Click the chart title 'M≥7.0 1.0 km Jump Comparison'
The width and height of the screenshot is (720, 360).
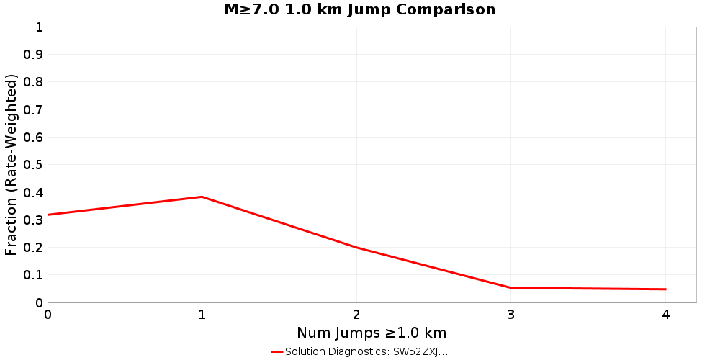coord(360,10)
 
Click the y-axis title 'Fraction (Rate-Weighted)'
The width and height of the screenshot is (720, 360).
coord(12,165)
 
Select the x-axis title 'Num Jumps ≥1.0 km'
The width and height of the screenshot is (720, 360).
coord(372,333)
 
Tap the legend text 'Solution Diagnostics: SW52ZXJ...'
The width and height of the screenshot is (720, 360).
coord(366,352)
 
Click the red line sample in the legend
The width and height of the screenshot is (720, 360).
coord(277,352)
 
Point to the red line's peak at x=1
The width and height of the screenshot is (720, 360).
coord(202,197)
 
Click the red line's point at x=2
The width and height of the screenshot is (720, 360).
coord(356,248)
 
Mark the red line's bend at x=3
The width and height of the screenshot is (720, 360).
coord(510,288)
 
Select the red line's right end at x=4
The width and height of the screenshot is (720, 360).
coord(665,289)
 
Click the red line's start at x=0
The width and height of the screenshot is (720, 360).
coord(48,215)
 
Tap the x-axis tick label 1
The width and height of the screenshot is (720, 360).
coord(202,315)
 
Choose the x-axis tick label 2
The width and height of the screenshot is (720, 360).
coord(356,315)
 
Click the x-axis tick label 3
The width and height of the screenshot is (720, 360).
coord(510,315)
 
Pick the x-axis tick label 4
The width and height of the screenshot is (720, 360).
coord(665,315)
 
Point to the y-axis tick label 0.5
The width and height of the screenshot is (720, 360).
coord(34,165)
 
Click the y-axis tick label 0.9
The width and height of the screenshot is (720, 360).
coord(34,55)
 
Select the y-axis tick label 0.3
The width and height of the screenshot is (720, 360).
coord(34,220)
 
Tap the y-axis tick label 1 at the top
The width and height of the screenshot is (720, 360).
coord(39,27)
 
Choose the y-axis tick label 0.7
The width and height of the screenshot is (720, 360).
coord(34,110)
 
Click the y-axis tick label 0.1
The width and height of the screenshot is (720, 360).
coord(34,275)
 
